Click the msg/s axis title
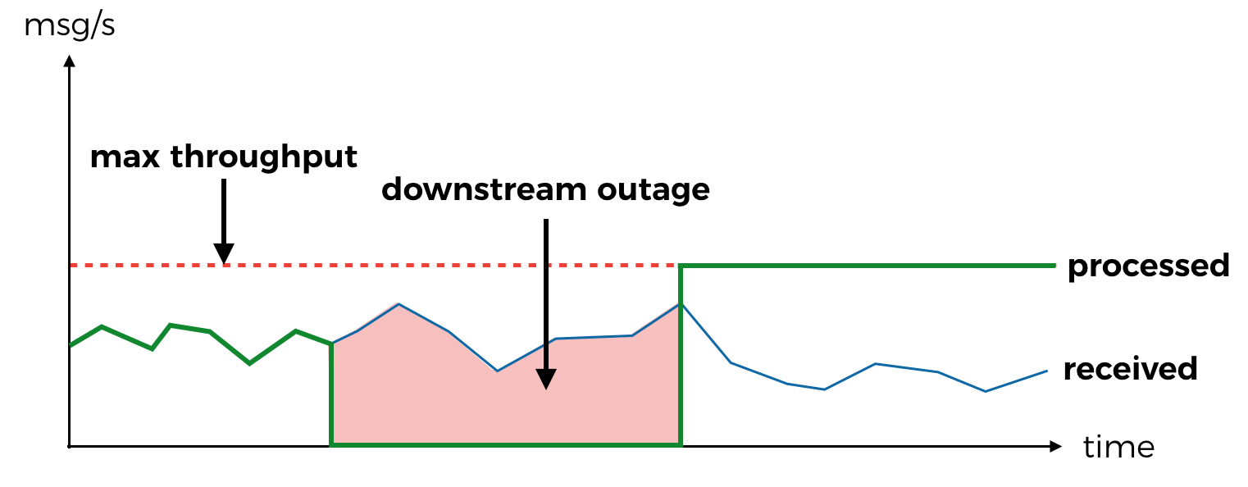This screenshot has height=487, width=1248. (x=70, y=25)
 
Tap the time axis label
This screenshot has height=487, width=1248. (x=1118, y=448)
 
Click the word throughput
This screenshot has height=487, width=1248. (x=264, y=157)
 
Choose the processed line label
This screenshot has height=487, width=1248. (x=1148, y=266)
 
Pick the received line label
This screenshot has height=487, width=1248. (x=1130, y=369)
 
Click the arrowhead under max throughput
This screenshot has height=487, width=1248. (x=223, y=255)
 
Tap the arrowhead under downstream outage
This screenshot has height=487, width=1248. (x=546, y=379)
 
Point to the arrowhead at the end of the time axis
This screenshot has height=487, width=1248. (x=1055, y=447)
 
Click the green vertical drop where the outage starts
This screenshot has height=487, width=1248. (x=330, y=394)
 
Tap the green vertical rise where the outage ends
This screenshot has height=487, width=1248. (x=681, y=361)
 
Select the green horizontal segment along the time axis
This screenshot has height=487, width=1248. (x=505, y=445)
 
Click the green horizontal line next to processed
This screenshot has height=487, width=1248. (x=869, y=266)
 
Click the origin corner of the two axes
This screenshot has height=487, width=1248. (x=70, y=447)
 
